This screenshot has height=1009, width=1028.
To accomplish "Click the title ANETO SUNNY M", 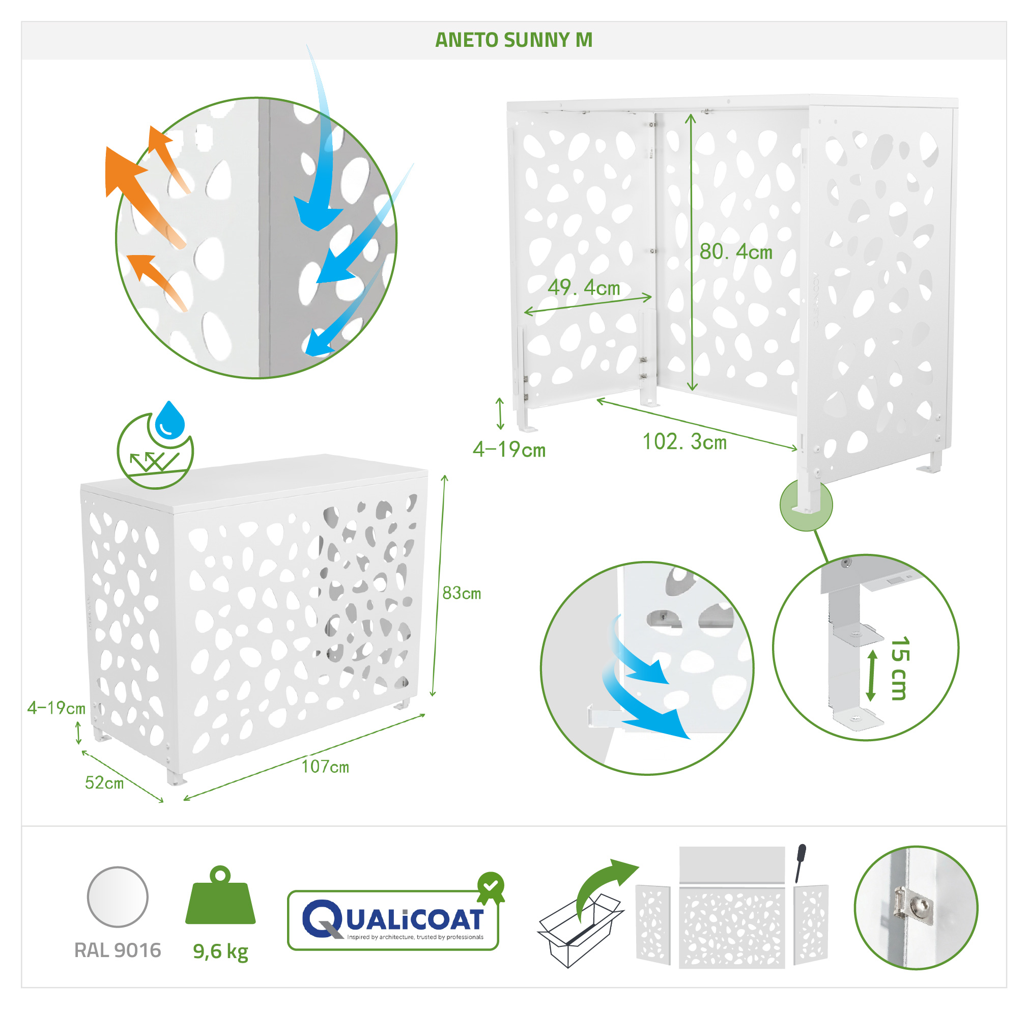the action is (513, 40).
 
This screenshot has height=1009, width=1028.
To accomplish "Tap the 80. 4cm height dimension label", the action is (736, 251).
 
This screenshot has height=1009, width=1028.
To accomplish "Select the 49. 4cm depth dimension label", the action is (584, 288).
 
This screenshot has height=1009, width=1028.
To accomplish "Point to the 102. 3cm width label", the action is (685, 441).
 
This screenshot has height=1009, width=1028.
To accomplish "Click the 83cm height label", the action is (462, 593).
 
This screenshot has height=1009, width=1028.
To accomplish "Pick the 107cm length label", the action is (325, 767).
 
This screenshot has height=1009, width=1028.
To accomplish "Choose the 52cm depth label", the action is (104, 783).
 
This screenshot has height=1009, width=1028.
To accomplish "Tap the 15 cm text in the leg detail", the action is (900, 668).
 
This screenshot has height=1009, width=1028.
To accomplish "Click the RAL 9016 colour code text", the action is (118, 950).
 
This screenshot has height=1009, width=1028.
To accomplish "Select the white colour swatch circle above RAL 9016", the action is (118, 897).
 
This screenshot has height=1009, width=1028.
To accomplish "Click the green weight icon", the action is (220, 896).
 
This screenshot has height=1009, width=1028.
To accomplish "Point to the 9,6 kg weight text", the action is (220, 952).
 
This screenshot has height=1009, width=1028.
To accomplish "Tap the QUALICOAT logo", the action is (393, 919).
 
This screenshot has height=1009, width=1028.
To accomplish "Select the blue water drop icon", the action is (169, 420).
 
